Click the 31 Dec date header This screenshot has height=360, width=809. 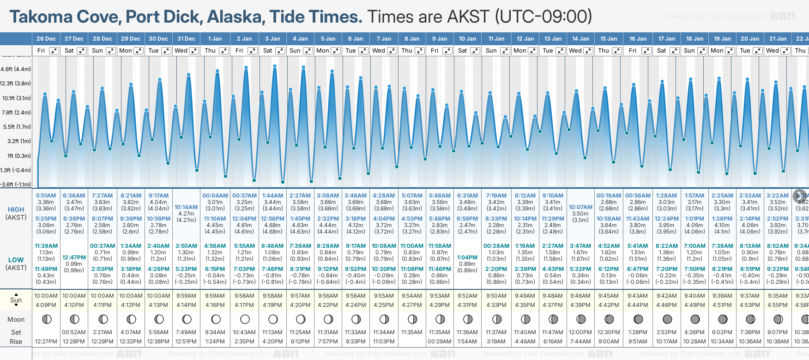(186, 39)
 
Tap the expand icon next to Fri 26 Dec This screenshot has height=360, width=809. (54, 51)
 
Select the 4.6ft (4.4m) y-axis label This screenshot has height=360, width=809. (16, 69)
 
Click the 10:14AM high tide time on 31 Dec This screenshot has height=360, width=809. (186, 207)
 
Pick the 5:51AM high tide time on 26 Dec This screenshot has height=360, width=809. (46, 196)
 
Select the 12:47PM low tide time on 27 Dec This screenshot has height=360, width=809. (74, 258)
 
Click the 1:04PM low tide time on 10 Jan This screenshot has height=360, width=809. (467, 258)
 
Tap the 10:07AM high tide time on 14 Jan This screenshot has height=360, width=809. (580, 207)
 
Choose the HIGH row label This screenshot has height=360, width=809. (16, 210)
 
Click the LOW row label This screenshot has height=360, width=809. (16, 260)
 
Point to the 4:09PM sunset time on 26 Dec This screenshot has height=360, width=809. (46, 305)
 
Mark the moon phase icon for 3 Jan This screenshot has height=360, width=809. (273, 319)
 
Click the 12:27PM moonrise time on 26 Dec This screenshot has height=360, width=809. (46, 342)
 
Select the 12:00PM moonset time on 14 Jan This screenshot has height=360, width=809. (580, 332)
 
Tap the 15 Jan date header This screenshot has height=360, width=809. (609, 39)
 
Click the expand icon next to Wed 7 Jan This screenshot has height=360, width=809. (392, 51)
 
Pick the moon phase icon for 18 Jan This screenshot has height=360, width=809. (695, 319)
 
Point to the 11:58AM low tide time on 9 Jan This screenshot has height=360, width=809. (440, 246)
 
